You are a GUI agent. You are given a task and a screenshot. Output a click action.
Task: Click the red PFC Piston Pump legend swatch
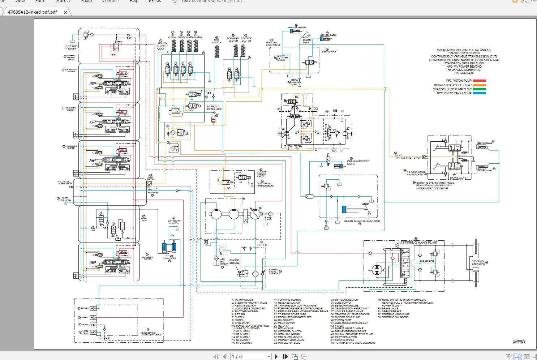coord(480,81)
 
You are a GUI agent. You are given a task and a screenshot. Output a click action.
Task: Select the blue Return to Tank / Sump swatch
coord(480,93)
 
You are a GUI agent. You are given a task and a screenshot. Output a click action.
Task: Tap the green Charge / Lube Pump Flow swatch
coord(480,89)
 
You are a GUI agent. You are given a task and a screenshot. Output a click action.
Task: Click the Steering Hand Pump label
coord(418,243)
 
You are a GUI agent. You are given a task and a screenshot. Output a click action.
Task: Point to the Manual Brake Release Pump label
coord(362,221)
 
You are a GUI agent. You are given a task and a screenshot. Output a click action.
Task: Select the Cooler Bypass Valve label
coord(262,174)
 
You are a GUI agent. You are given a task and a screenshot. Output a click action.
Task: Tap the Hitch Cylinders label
coord(169,257)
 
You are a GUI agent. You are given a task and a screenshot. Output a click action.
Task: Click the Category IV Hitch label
coord(174,222)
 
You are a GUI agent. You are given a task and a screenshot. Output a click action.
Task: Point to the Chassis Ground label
coord(234,261)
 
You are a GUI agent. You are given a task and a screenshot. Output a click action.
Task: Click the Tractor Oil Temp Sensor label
coord(265,185)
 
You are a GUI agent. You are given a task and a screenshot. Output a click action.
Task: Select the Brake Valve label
coord(458,178)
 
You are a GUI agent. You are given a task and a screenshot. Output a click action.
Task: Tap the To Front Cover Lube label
coord(214,108)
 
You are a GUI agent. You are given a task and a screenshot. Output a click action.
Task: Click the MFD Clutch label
coord(216,41)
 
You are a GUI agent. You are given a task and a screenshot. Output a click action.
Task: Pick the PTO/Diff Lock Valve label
coord(273,44)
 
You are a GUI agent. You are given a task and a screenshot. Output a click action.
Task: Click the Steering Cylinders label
coord(478,262)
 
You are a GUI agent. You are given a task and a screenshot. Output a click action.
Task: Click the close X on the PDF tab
coord(65,12)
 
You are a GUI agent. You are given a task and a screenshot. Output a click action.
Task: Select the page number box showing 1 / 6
coord(250,357)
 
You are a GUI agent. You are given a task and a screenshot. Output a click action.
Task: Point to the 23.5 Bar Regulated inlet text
coord(408,158)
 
